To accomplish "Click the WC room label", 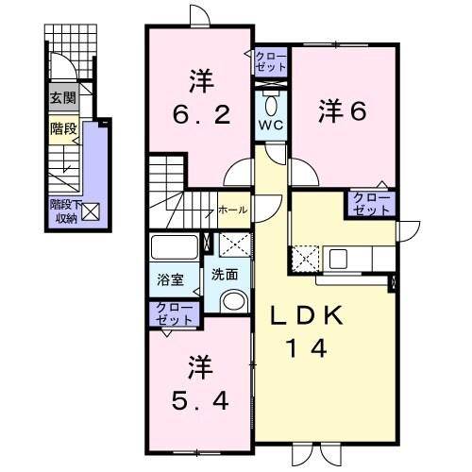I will (x=270, y=125).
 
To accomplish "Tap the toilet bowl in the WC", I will (x=271, y=103).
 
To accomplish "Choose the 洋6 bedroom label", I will (x=343, y=110).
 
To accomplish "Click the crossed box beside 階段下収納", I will (x=90, y=211).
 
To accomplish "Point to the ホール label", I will (x=232, y=210).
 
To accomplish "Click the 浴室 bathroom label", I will (x=170, y=280).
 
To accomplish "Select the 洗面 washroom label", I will (x=225, y=276).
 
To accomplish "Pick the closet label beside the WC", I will (x=270, y=62).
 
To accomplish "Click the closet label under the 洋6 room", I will (x=370, y=203).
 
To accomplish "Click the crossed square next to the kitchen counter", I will (x=305, y=257).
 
